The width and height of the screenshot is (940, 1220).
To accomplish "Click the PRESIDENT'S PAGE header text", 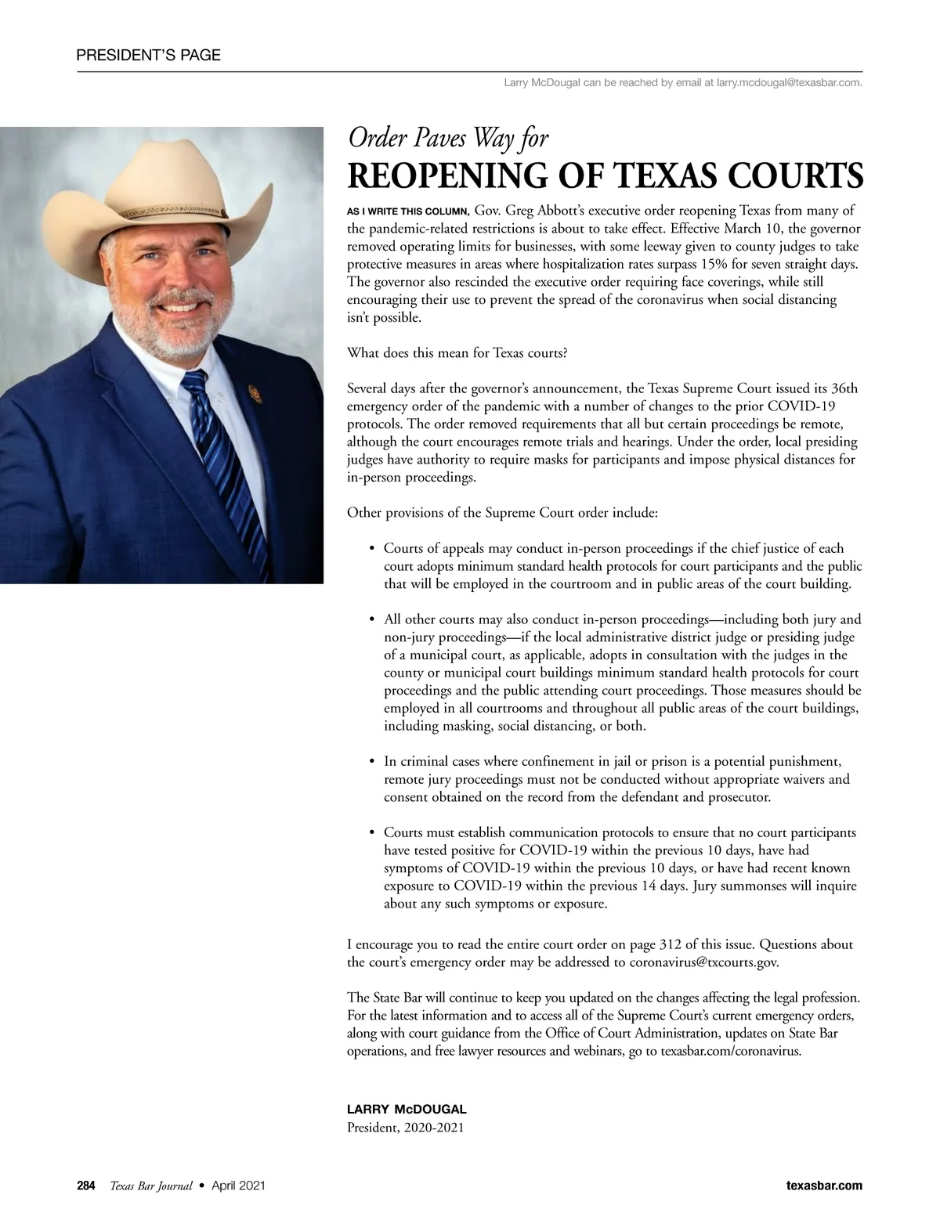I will pos(149,55).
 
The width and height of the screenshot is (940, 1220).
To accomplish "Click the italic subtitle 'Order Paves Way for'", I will pos(447,139).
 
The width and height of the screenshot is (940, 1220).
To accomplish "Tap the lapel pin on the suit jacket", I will pos(253,392).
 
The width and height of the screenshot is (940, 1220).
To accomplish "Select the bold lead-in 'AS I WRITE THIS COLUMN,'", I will pos(407,211).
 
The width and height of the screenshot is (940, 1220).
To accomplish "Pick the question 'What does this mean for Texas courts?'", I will pos(457,352).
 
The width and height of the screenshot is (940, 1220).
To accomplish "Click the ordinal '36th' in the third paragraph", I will pos(843,388).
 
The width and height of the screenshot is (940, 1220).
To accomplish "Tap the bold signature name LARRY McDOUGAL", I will pos(407,1110).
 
